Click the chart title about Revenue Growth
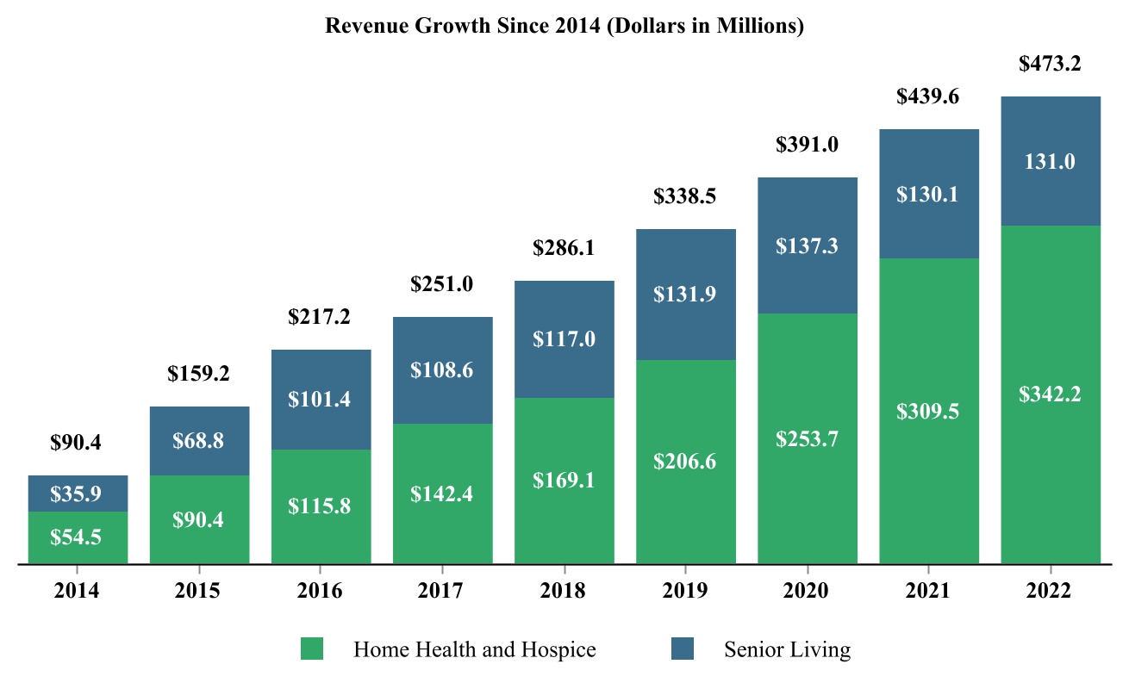(564, 27)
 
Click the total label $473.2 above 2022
(1050, 63)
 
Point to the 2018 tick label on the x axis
(564, 591)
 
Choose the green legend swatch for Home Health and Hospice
(312, 649)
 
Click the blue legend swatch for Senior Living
(683, 649)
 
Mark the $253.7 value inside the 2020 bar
(808, 438)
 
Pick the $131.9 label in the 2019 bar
(686, 294)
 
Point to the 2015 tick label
(200, 591)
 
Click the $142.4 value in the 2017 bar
(443, 493)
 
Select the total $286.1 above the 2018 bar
(564, 248)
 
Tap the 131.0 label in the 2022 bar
(1050, 161)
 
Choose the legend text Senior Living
(787, 649)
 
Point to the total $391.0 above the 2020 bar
(808, 145)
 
